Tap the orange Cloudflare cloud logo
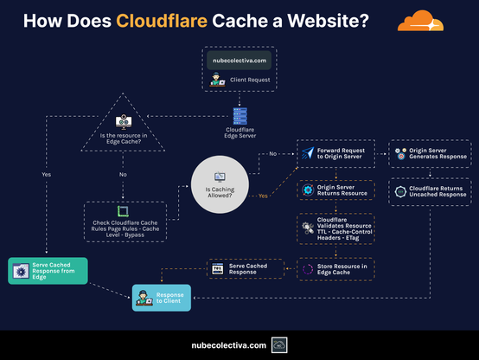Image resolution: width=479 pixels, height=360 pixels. (x=428, y=21)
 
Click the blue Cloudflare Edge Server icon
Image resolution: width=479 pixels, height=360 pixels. (x=239, y=114)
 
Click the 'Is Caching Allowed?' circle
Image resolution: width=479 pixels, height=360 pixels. (x=220, y=181)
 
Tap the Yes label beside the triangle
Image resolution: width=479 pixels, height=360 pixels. (x=46, y=174)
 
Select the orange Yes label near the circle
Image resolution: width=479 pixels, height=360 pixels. (x=262, y=196)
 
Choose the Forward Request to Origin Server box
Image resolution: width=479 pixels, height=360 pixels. (x=335, y=154)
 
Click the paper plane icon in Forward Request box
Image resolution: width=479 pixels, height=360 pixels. (x=308, y=154)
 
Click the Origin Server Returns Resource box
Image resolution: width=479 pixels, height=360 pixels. (x=335, y=190)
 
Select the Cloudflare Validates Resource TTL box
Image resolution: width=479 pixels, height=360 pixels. (x=335, y=229)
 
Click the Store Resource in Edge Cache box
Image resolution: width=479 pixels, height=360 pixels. (x=335, y=269)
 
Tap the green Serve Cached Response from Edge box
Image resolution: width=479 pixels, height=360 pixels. (x=47, y=271)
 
